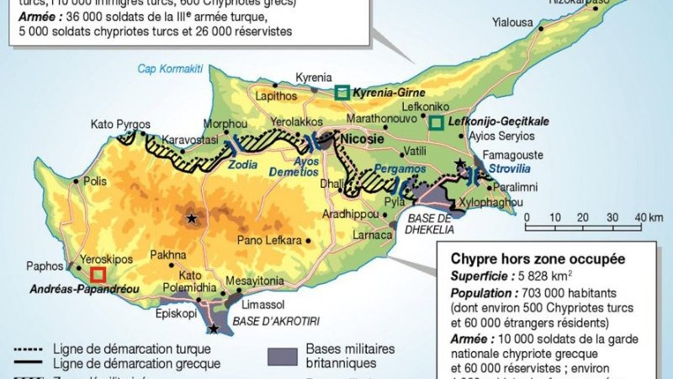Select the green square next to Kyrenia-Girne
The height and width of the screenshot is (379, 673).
[x=342, y=92]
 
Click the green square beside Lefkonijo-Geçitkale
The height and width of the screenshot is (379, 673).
[x=436, y=123]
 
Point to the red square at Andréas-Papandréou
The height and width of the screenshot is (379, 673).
[x=98, y=274]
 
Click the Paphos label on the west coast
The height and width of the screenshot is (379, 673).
[x=45, y=265]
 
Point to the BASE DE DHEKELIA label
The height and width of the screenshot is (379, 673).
[x=430, y=223]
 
